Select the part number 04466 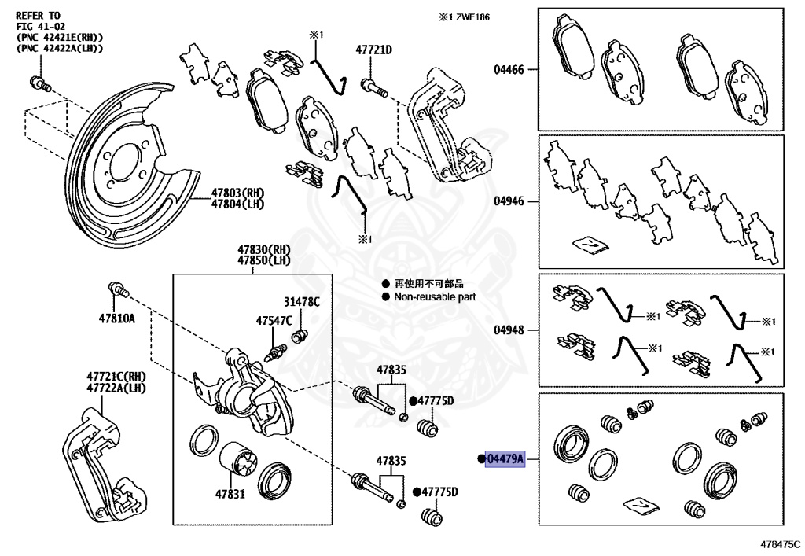point(509,70)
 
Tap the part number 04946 point(509,201)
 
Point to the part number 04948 point(509,330)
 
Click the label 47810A point(116,319)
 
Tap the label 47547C point(274,320)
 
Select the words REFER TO point(39,15)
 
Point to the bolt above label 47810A point(119,292)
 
